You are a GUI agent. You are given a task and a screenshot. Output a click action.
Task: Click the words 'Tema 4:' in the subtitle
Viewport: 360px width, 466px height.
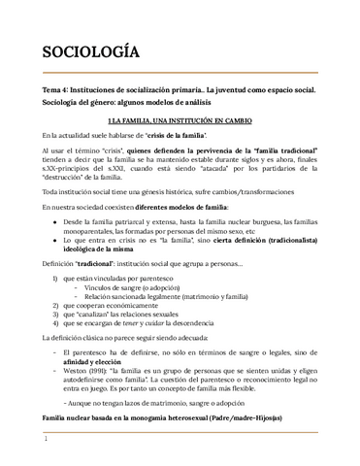[x=49, y=89]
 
